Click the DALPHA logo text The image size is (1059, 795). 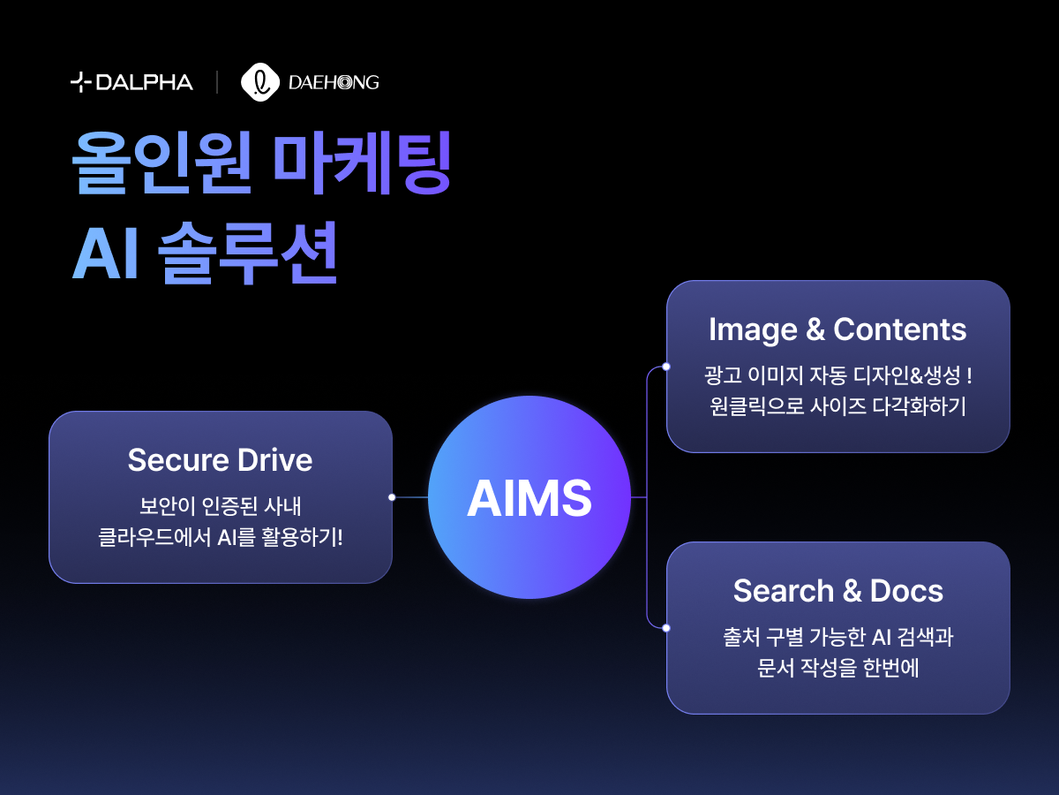tap(144, 82)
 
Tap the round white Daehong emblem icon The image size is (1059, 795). tap(260, 82)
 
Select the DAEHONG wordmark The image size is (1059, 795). tap(334, 82)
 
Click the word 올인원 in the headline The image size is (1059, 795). tap(162, 163)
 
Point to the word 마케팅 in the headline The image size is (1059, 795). tap(363, 163)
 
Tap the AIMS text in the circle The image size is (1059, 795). tap(529, 498)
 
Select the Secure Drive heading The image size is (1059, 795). tap(220, 459)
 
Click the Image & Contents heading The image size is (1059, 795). tap(837, 330)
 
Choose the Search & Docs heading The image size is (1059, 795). tap(838, 591)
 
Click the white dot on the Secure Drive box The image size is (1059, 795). tap(392, 497)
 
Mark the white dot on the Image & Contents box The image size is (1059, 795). tap(666, 367)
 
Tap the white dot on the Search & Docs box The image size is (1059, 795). tap(666, 628)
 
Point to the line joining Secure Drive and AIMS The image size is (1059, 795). tap(410, 497)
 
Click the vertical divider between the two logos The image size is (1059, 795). tap(217, 82)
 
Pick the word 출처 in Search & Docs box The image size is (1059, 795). tap(740, 637)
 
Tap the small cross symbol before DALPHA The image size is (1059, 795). tap(80, 82)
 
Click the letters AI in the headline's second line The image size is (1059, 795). tap(106, 254)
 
